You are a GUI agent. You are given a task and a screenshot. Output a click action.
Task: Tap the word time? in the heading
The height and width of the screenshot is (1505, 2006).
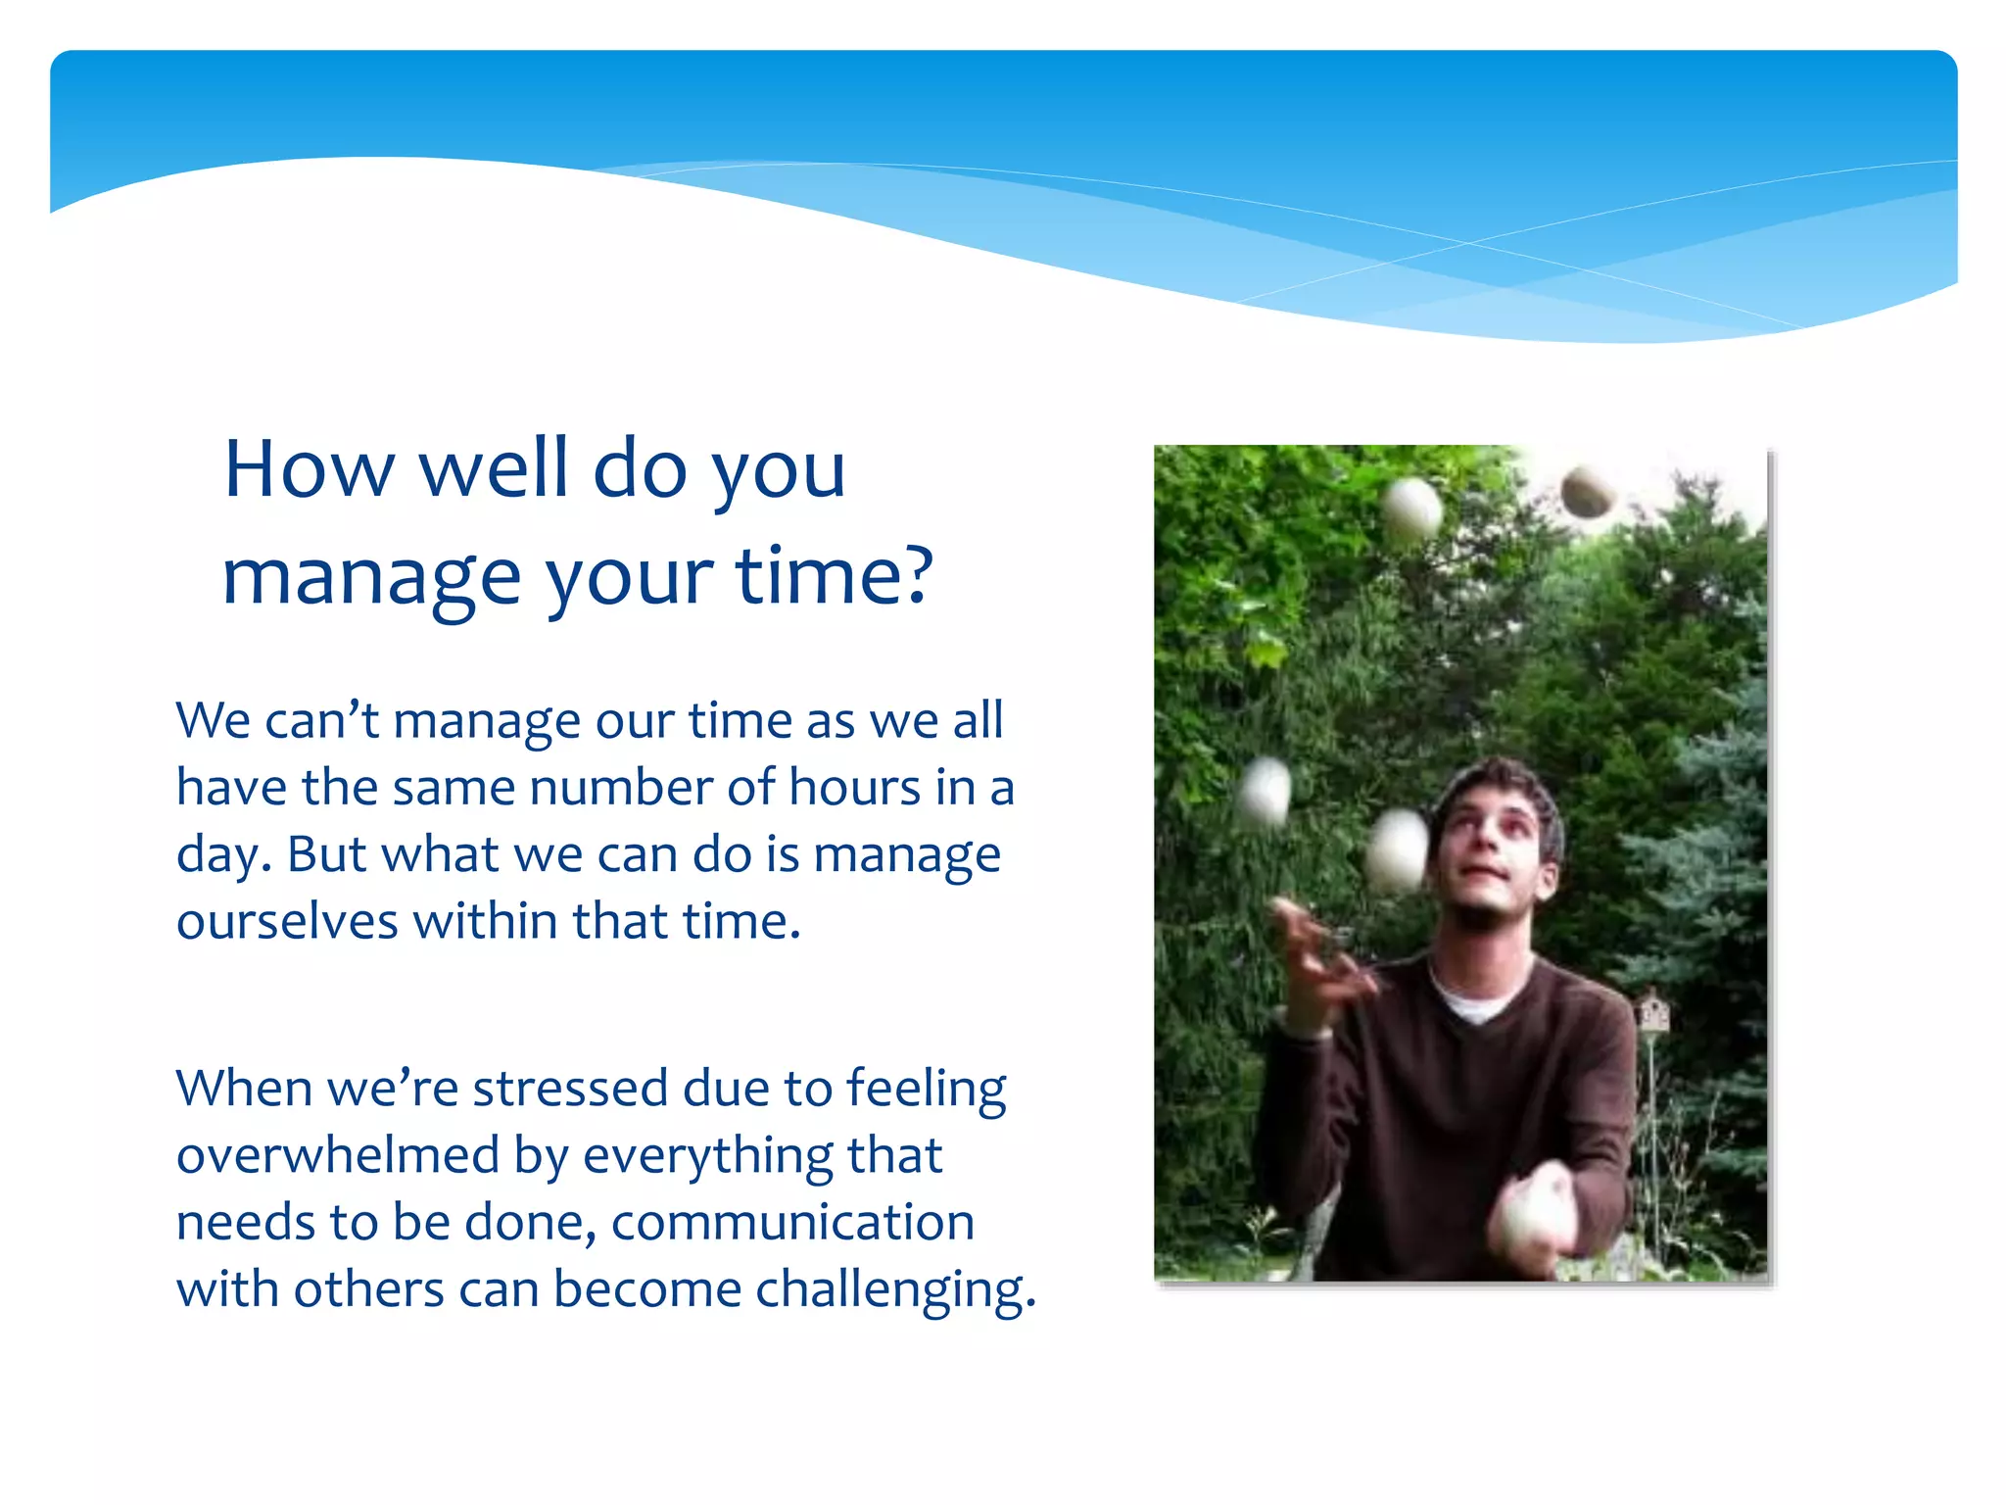coord(835,575)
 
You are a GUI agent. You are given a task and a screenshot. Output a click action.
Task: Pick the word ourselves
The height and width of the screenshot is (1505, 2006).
coord(287,921)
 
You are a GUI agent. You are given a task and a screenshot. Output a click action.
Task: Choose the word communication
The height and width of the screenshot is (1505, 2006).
coord(793,1223)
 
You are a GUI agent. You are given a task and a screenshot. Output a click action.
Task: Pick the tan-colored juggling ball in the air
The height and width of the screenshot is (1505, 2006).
coord(1586,493)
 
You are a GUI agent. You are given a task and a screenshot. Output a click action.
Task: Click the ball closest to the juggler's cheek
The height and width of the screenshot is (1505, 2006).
coord(1398,850)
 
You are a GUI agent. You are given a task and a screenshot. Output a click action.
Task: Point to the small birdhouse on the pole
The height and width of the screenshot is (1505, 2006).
coord(1653,1011)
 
